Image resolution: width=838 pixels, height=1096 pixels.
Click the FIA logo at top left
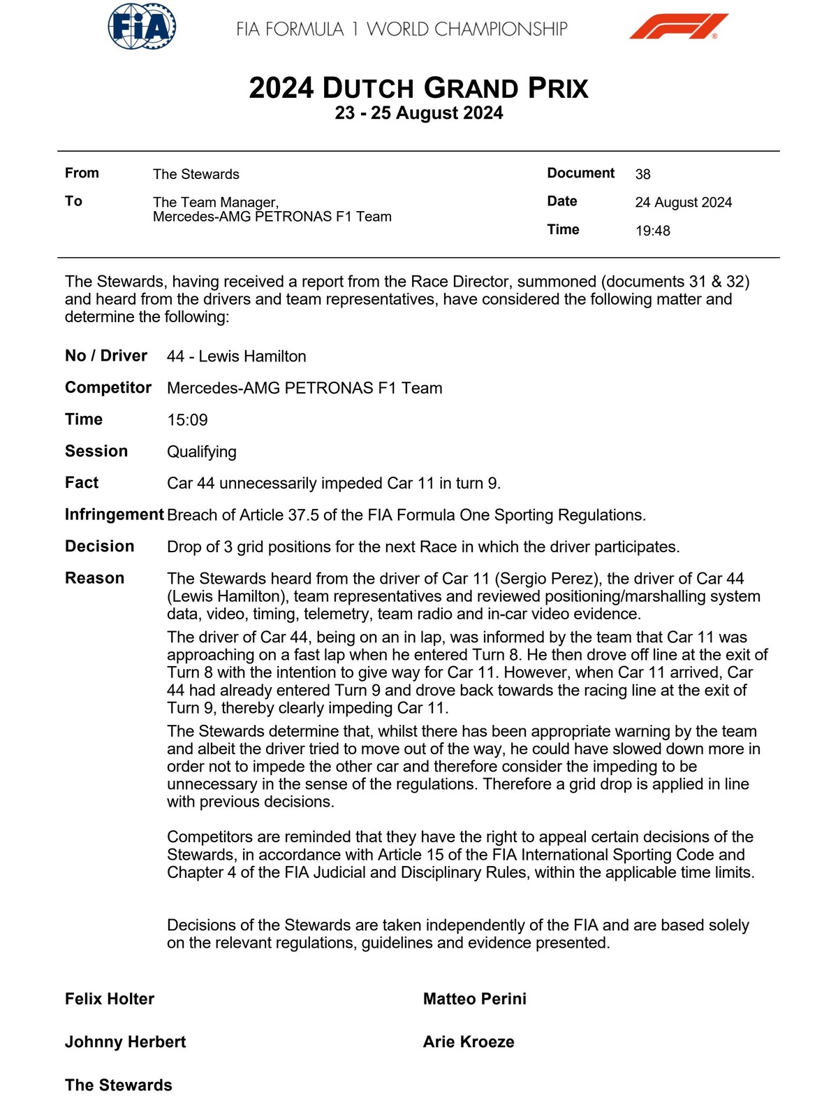click(142, 27)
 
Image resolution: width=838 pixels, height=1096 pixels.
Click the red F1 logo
click(678, 27)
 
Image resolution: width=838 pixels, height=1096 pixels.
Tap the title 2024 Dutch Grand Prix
click(418, 88)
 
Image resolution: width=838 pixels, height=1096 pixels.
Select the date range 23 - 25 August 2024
click(418, 113)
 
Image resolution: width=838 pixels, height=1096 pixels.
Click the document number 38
click(642, 174)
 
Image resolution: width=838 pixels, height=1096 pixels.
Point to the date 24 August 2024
click(683, 203)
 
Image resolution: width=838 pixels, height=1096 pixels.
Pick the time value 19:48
click(652, 231)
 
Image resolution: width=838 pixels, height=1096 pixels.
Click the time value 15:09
click(187, 420)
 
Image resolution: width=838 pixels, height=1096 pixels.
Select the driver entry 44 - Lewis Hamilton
click(236, 356)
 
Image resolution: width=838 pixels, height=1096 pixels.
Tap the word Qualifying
click(201, 452)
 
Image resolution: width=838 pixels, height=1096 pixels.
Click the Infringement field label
click(114, 515)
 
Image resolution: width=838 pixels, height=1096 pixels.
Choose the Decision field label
click(99, 547)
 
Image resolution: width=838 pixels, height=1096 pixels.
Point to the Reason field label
click(94, 578)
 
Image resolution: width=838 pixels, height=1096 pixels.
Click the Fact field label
click(82, 483)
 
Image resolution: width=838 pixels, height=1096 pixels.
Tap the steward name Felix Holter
click(110, 999)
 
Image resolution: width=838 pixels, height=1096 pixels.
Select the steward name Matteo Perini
click(474, 999)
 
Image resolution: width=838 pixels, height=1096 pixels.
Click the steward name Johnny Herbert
click(125, 1042)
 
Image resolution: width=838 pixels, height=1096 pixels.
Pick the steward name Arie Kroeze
click(468, 1042)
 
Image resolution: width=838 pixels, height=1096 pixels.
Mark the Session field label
click(96, 452)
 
